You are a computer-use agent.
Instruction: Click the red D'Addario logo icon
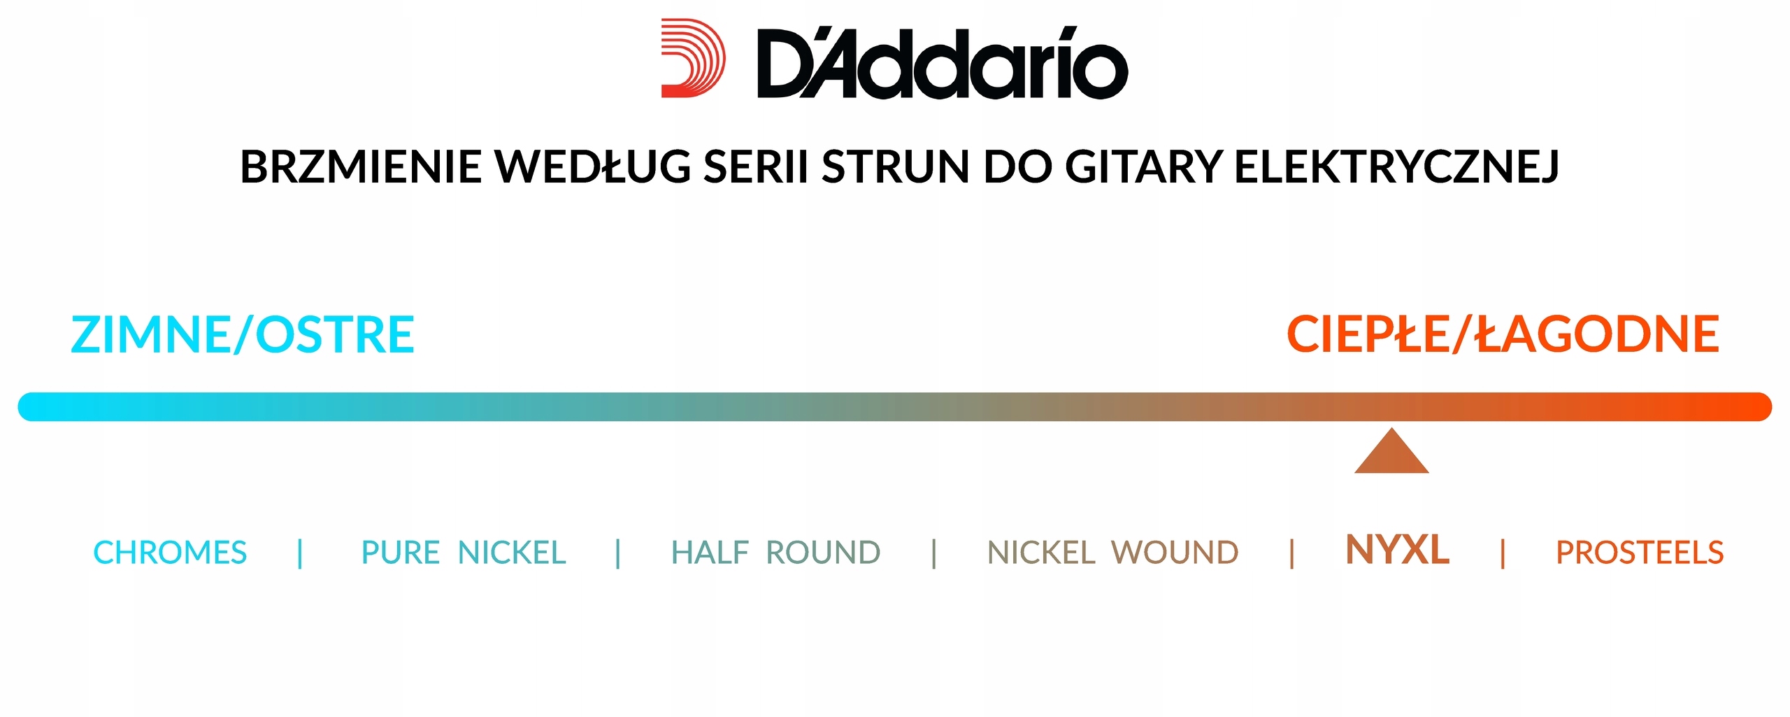click(693, 58)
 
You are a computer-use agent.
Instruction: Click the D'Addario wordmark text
click(943, 63)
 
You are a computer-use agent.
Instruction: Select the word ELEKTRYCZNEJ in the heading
click(1396, 168)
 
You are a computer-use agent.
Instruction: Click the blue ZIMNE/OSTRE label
click(243, 334)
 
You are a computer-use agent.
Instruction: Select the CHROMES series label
click(170, 553)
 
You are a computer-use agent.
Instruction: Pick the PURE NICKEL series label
click(464, 553)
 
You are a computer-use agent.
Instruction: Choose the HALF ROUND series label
click(775, 553)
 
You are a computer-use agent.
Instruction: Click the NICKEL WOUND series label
click(1112, 553)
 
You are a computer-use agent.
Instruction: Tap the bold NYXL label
click(1397, 550)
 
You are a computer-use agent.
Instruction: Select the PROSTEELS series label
click(1640, 553)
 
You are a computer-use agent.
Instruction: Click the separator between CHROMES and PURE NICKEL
click(300, 553)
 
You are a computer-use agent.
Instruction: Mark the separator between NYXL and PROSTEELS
click(1503, 553)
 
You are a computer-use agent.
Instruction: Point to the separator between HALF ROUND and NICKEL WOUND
click(934, 553)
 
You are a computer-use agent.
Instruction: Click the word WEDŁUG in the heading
click(593, 167)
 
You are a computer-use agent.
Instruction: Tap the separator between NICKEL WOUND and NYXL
click(1292, 553)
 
